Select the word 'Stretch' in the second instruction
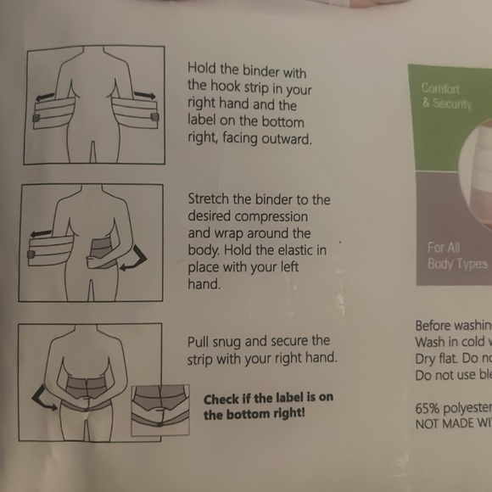tap(208, 200)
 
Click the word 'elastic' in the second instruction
tap(290, 249)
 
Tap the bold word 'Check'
tap(223, 399)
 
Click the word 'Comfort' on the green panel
tap(440, 88)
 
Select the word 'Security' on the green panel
tap(450, 103)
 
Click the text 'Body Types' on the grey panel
tap(457, 265)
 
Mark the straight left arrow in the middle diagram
tap(39, 230)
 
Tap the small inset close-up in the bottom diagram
tap(160, 410)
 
